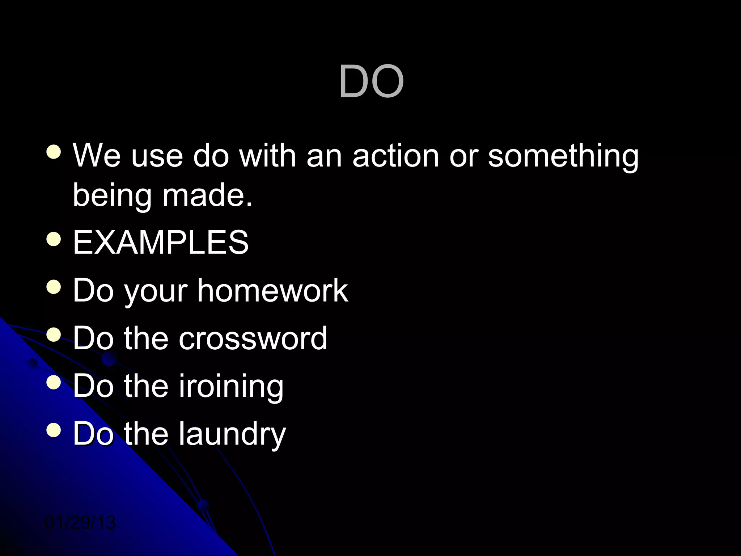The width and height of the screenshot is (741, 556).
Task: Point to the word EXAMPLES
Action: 161,242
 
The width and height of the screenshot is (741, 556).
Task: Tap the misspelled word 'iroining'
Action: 231,386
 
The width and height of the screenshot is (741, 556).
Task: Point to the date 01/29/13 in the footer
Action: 80,523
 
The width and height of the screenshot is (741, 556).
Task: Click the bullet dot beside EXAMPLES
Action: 54,239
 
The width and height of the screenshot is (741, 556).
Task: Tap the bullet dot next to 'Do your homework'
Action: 54,287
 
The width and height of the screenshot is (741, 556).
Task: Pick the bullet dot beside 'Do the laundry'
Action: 54,430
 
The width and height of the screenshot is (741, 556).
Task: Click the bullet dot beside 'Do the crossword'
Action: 54,335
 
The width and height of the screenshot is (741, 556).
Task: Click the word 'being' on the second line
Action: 112,196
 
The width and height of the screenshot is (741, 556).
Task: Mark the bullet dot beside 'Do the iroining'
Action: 54,383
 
